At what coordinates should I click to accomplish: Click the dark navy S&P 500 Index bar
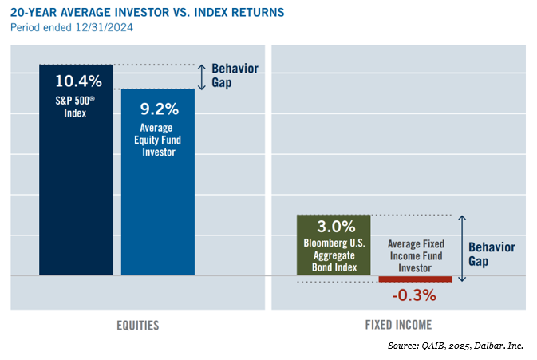[76, 169]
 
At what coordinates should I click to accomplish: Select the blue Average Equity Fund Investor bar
[158, 182]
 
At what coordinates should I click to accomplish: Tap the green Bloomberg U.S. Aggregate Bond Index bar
[334, 245]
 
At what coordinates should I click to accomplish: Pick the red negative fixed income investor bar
[416, 279]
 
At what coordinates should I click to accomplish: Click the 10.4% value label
[78, 81]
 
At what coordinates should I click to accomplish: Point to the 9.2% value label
[160, 109]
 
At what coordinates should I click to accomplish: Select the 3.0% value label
[336, 227]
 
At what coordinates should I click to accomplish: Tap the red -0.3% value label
[414, 295]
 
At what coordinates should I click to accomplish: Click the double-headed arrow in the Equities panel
[202, 77]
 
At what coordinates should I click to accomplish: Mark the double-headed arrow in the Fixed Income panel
[462, 248]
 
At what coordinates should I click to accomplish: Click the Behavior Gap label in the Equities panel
[235, 75]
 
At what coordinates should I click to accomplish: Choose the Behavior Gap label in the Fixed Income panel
[492, 254]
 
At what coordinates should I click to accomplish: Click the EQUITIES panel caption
[138, 326]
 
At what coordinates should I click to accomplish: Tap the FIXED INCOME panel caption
[398, 325]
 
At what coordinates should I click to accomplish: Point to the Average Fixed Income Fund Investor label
[416, 256]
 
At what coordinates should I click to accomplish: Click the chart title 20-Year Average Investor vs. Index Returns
[148, 12]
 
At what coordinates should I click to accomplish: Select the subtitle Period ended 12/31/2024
[72, 27]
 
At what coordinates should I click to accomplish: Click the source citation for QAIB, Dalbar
[456, 346]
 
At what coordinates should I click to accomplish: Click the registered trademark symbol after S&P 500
[92, 99]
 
